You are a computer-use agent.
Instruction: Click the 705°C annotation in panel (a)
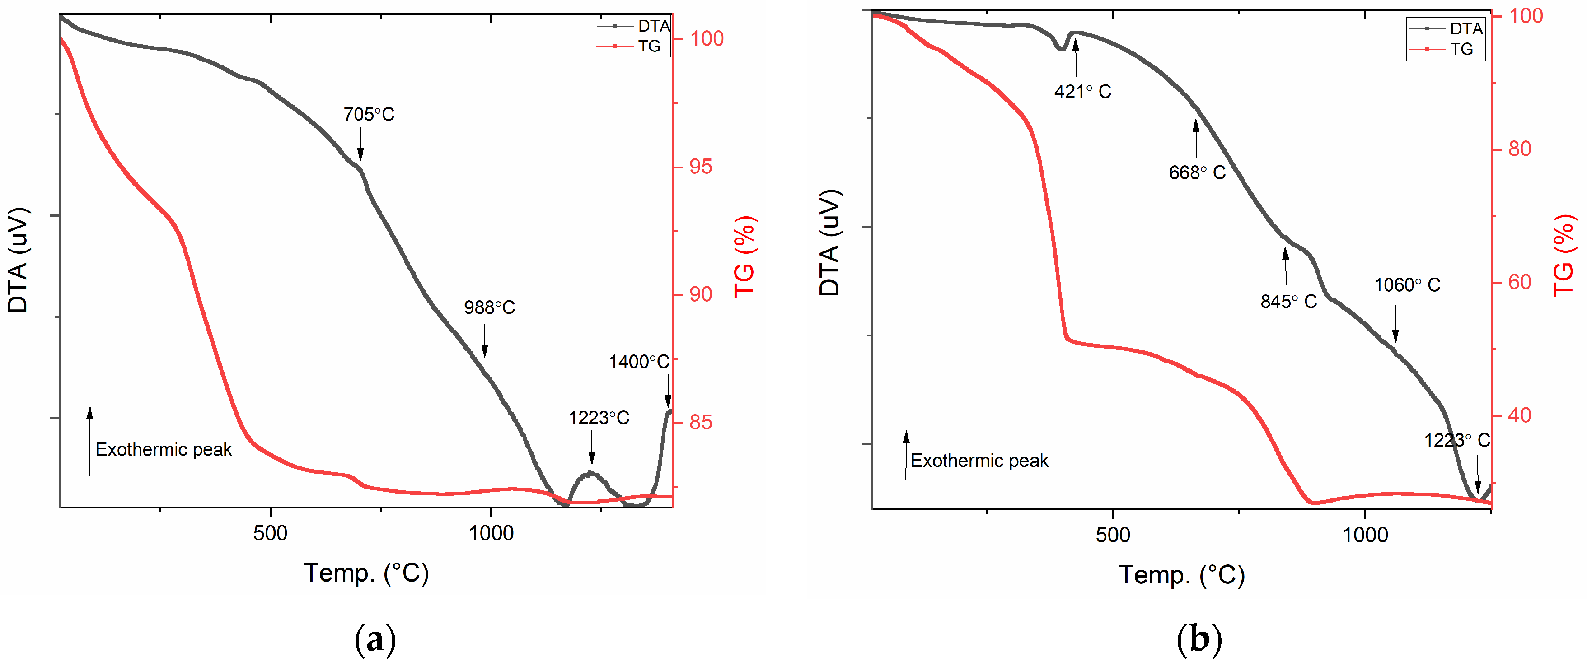369,115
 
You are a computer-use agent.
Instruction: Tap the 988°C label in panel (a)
489,307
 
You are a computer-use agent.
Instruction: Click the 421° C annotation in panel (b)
1082,92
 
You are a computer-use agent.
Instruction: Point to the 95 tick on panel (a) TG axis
701,167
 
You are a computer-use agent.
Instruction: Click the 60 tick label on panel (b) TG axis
1519,282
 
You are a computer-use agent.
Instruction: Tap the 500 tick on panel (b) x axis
1113,534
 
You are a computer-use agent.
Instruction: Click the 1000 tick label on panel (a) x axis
491,533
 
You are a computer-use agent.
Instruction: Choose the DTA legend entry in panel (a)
653,26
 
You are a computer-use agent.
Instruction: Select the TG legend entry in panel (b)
1461,49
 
